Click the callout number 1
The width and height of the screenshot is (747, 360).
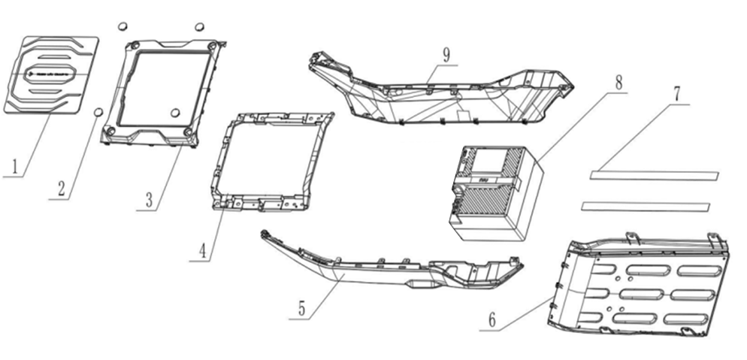15,167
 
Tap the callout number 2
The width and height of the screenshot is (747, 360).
62,189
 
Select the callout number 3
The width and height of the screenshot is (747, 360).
149,201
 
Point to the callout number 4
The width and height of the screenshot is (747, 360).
204,251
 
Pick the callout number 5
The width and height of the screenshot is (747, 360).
302,308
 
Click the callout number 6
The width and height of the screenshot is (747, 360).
492,320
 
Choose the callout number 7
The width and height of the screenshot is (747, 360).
676,94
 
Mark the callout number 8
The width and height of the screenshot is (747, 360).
618,83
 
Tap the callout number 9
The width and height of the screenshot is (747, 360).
446,55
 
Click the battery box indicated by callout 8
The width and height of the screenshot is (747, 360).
496,194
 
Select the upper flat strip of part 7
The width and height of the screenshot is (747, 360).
654,175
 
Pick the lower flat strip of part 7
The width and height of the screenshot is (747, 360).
646,206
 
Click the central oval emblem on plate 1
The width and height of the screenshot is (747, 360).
50,74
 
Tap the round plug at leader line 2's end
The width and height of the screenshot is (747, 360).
98,112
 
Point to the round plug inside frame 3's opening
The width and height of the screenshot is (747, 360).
175,113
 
